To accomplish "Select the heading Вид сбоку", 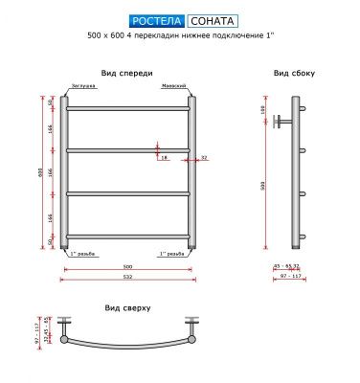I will (294, 73).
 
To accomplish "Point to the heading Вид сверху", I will (127, 308).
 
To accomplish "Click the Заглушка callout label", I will (80, 86).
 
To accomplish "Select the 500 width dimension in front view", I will (127, 266).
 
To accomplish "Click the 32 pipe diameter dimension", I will (205, 157).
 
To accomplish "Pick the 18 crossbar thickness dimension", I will (164, 157).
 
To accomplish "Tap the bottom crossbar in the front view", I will (127, 237).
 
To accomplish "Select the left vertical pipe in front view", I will (65, 172).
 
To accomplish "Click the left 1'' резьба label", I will (80, 254).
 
